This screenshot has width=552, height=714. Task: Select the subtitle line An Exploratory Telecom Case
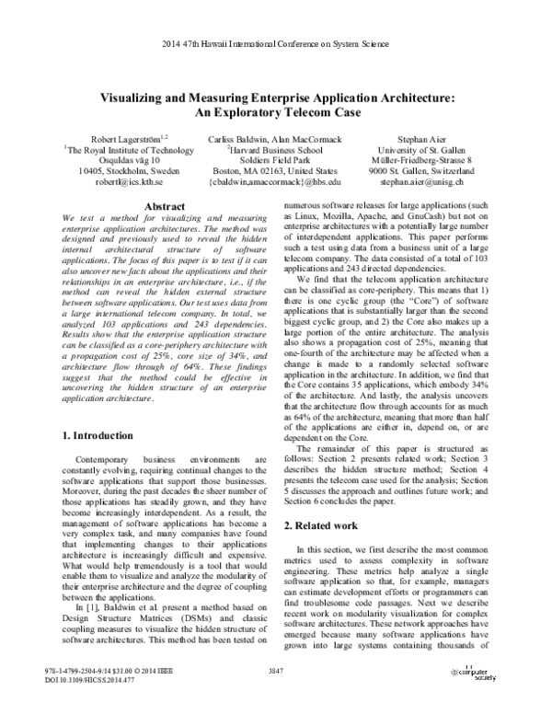point(276,112)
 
